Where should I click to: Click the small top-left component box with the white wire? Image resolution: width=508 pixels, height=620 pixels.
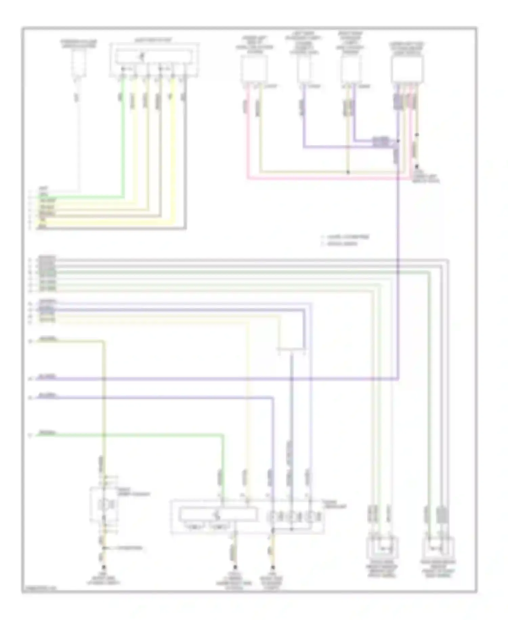point(79,64)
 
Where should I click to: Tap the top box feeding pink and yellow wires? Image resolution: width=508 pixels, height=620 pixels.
point(254,69)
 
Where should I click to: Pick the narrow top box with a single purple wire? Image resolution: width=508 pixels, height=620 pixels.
point(304,69)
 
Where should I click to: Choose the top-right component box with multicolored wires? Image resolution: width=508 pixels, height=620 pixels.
point(407,69)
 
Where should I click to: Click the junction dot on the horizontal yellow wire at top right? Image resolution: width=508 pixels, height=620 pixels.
point(348,172)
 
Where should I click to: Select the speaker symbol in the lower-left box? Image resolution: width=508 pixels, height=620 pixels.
point(103,505)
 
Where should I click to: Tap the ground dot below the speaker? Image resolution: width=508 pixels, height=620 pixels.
point(104,567)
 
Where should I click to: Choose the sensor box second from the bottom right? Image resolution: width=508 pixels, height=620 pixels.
point(382,547)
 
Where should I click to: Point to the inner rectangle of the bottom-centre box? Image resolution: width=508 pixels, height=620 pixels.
point(217,514)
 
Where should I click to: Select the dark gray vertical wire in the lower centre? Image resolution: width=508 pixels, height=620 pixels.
point(291,407)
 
